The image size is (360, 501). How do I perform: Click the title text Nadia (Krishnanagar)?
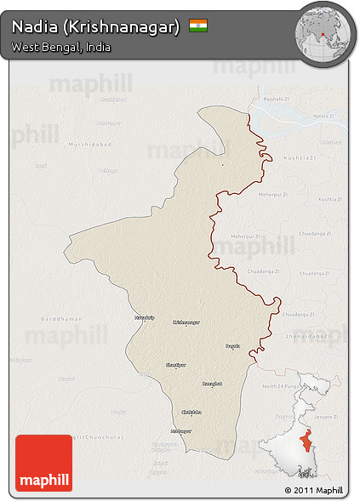tap(95, 26)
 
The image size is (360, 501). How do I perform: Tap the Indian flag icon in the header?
tap(198, 26)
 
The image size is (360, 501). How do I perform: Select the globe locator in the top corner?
tap(324, 33)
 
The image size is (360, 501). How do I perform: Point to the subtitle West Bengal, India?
tap(60, 47)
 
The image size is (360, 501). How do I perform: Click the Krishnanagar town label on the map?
tap(186, 322)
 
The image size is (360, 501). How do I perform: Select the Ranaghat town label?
tap(211, 384)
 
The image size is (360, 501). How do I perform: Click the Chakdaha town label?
tap(191, 412)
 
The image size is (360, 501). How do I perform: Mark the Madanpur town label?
tap(180, 430)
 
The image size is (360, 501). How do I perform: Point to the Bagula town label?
tap(232, 345)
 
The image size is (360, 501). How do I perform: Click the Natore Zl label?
tap(323, 115)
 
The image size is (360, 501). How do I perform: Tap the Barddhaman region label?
tap(62, 318)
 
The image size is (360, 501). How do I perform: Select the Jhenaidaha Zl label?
tap(307, 336)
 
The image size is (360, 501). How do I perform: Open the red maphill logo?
tap(43, 463)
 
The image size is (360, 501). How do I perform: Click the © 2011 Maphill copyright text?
tap(314, 490)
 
